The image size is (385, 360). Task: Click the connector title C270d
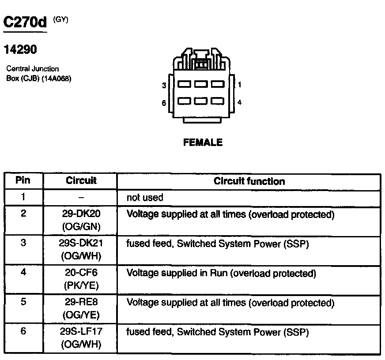25,22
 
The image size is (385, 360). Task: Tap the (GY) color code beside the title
60,19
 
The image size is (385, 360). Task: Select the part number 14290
20,50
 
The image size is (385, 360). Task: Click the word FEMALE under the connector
203,142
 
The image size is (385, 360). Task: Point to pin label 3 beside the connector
164,85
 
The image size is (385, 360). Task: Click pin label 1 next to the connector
239,84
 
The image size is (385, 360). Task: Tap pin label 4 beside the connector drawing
239,102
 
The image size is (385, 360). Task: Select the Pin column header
23,180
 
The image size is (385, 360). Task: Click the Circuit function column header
249,181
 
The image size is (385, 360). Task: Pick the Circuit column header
81,181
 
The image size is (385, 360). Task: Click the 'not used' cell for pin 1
145,198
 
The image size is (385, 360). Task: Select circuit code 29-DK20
81,214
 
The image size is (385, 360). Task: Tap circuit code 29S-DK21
81,244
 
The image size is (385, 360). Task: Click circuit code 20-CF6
81,273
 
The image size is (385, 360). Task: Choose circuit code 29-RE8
81,303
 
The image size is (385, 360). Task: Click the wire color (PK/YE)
81,285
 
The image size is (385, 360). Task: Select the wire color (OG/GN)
81,227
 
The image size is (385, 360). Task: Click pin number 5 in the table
23,303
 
